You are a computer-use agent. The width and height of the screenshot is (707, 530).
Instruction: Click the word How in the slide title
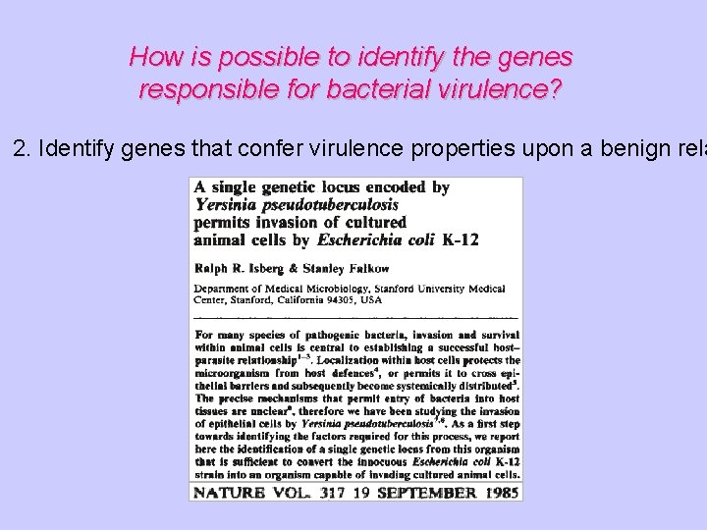click(150, 57)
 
